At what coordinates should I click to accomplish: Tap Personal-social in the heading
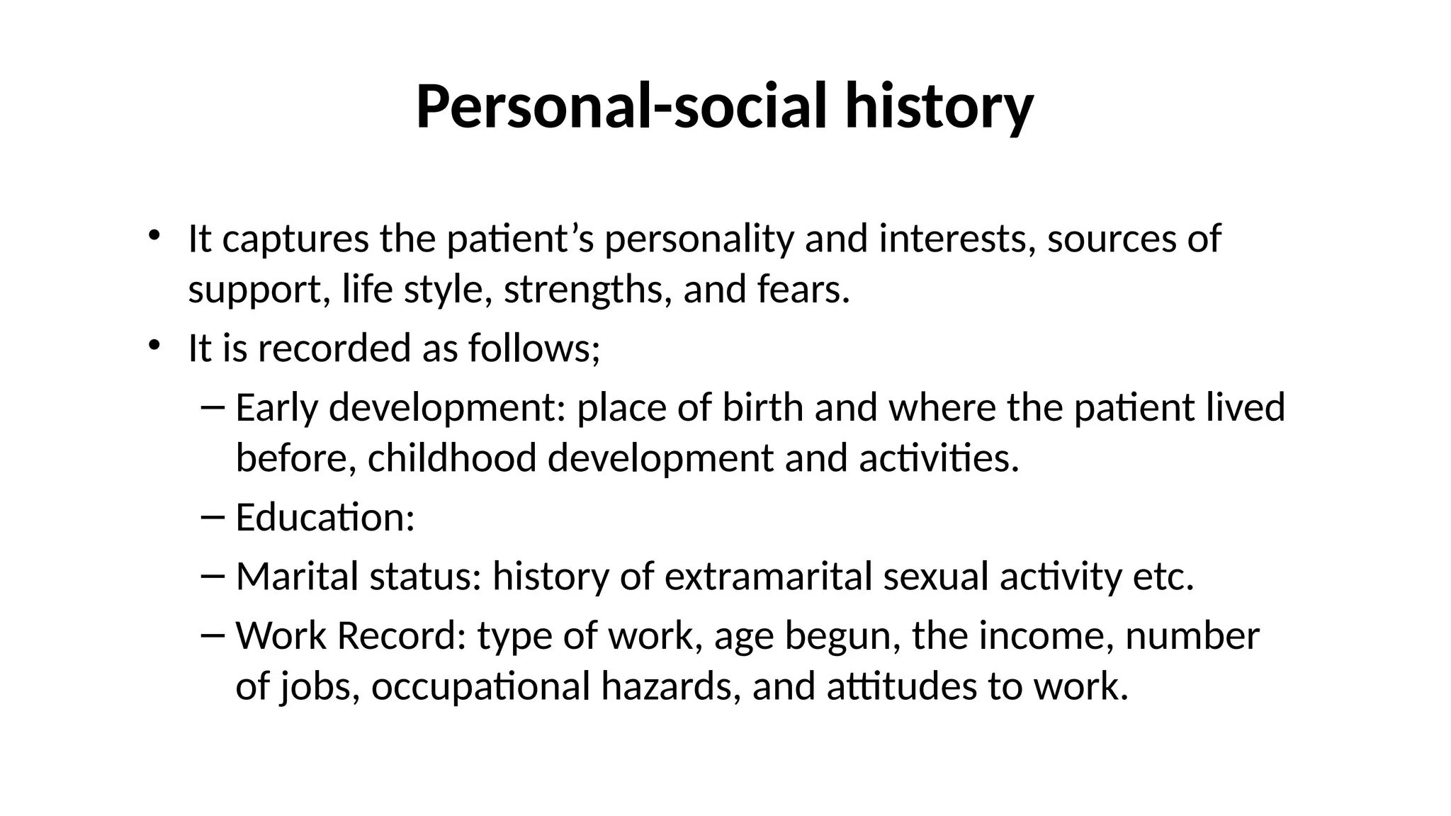pyautogui.click(x=620, y=108)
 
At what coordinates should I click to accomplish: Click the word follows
pyautogui.click(x=533, y=348)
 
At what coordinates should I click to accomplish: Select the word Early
pyautogui.click(x=276, y=408)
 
